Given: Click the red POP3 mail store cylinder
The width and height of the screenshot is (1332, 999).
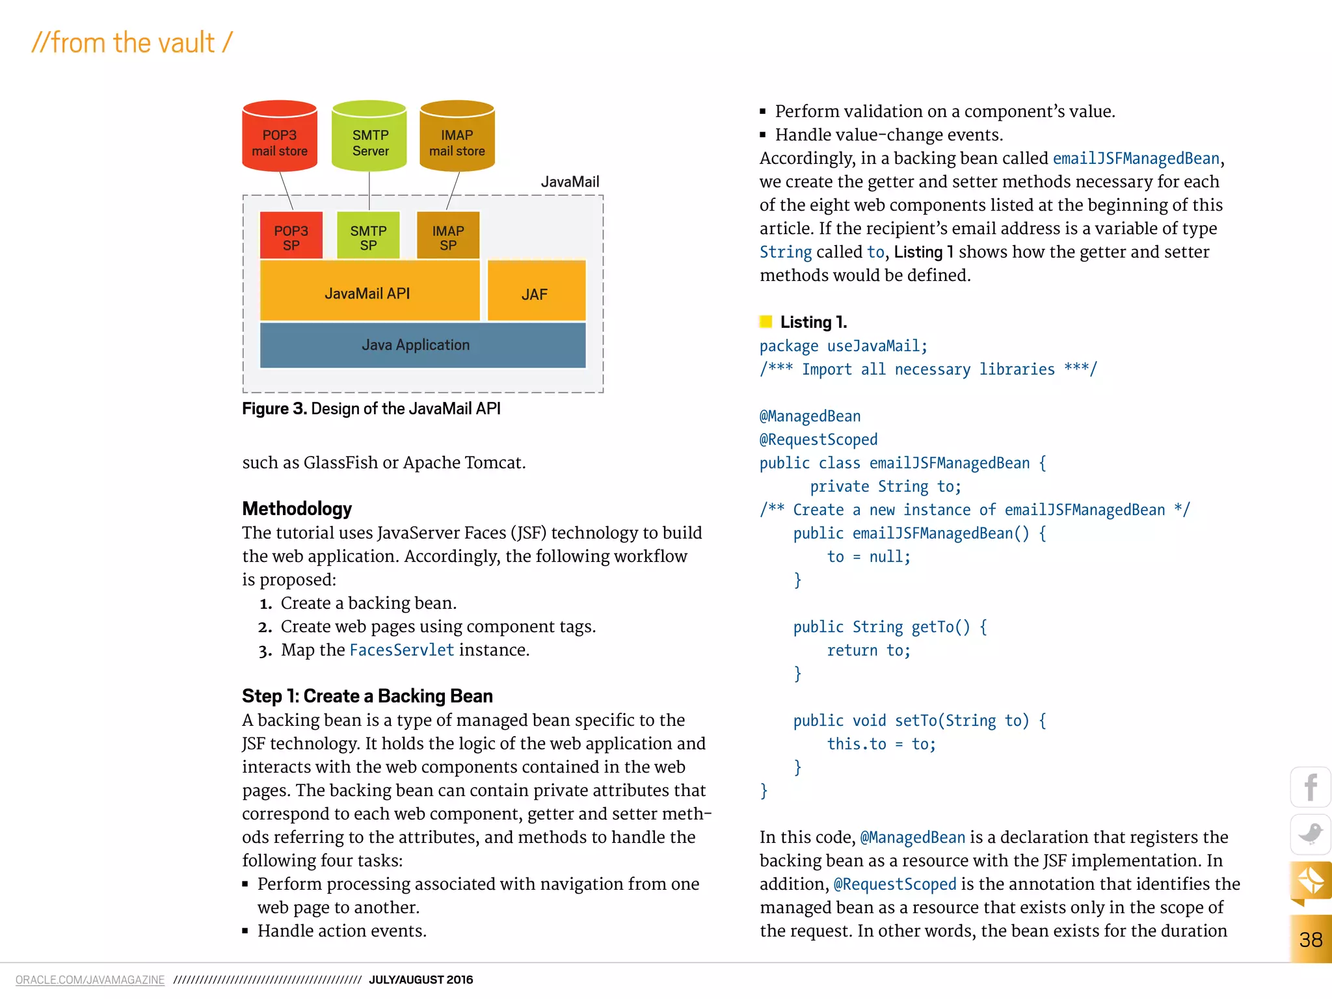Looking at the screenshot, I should (280, 137).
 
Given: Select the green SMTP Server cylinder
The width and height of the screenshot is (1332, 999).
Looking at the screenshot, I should (369, 137).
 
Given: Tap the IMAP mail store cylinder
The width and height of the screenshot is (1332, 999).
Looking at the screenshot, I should (457, 137).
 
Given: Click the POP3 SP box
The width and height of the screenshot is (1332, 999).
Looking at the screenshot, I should (291, 236).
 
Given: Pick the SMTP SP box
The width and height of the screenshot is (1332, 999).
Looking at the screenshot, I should (368, 236).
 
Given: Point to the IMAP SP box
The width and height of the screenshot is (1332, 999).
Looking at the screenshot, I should (448, 236).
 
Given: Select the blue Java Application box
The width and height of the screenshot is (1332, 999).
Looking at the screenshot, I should (423, 345).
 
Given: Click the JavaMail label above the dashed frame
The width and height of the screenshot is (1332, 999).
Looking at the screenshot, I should (570, 182).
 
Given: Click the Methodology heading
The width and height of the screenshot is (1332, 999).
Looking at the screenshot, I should (297, 509).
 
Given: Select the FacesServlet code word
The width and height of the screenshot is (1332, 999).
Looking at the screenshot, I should (402, 650).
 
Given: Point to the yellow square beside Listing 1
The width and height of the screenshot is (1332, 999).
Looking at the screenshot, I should (766, 321).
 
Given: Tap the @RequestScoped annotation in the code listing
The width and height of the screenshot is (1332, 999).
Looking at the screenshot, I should (818, 440).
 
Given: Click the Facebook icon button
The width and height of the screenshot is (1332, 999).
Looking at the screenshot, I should (1311, 788).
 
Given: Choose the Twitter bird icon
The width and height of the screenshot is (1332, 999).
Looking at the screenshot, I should (1311, 834).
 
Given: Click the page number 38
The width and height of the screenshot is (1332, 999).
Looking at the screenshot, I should (1311, 940).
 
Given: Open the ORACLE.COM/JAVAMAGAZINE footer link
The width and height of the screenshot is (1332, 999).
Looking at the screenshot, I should (90, 979).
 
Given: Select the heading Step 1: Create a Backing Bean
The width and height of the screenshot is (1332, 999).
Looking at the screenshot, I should (367, 696).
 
